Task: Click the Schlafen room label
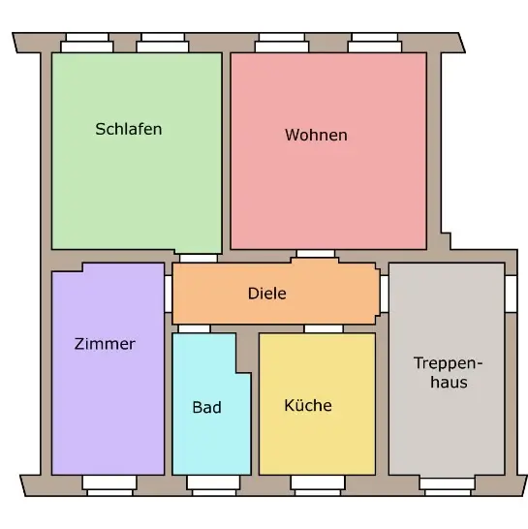[x=129, y=129]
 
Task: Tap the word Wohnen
[x=316, y=135]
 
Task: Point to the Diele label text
[x=266, y=294]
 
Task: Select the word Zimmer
[x=105, y=344]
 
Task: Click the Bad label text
[x=206, y=407]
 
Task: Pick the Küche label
[x=308, y=405]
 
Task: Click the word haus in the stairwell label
[x=449, y=383]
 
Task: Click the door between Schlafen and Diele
[x=199, y=259]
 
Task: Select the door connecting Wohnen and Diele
[x=316, y=254]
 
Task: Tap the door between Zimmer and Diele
[x=168, y=294]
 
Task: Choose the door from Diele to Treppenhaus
[x=385, y=294]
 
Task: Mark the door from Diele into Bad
[x=194, y=329]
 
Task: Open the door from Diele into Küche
[x=324, y=329]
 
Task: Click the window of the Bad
[x=213, y=485]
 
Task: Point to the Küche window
[x=318, y=485]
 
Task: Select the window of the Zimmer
[x=109, y=485]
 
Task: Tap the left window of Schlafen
[x=87, y=43]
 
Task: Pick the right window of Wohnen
[x=375, y=43]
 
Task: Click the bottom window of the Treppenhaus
[x=448, y=486]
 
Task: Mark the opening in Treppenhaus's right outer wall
[x=512, y=294]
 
